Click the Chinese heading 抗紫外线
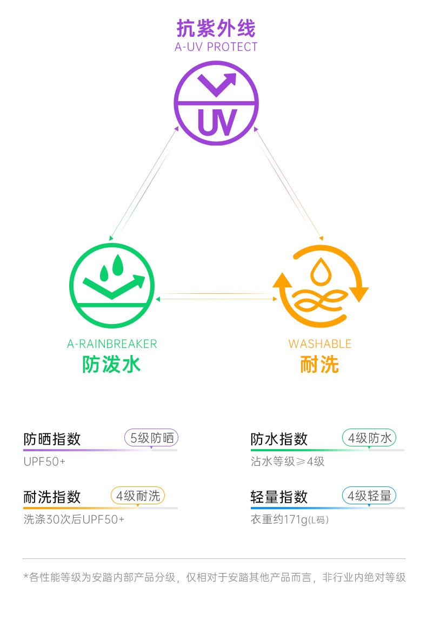(x=216, y=28)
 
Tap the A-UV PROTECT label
(x=216, y=47)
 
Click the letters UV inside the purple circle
(x=216, y=122)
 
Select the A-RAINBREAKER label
(x=112, y=344)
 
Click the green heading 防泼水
(x=112, y=364)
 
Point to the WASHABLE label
(x=320, y=344)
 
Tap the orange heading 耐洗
(x=320, y=364)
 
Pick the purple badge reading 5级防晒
(x=151, y=438)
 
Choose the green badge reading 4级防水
(x=369, y=438)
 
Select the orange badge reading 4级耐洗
(x=138, y=495)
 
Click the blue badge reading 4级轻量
(x=369, y=495)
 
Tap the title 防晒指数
(x=52, y=439)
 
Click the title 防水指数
(x=279, y=439)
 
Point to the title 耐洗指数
(x=52, y=496)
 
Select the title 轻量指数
(x=279, y=496)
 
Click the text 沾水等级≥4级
(x=288, y=462)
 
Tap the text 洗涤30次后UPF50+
(x=74, y=519)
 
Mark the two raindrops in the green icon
(x=112, y=267)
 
